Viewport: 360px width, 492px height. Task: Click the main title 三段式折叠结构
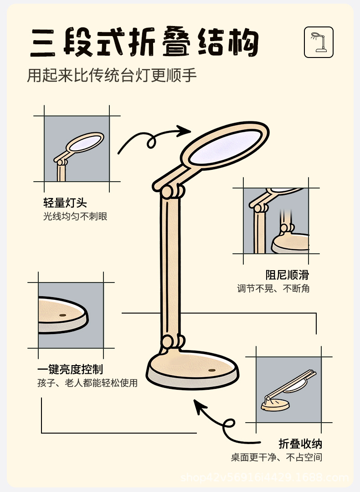pos(145,43)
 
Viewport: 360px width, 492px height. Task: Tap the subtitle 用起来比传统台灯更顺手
pos(112,75)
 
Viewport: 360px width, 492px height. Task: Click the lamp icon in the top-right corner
pos(319,42)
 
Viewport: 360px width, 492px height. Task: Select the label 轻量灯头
pos(65,203)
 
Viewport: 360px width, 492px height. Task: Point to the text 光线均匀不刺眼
pos(75,216)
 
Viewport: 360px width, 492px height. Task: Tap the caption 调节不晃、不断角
pos(273,288)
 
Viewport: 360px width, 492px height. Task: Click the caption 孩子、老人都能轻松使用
pos(87,383)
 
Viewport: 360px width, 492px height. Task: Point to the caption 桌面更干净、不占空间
pos(276,457)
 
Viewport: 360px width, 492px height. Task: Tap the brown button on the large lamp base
pos(211,370)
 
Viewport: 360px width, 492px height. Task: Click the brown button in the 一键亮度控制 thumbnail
pos(62,315)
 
